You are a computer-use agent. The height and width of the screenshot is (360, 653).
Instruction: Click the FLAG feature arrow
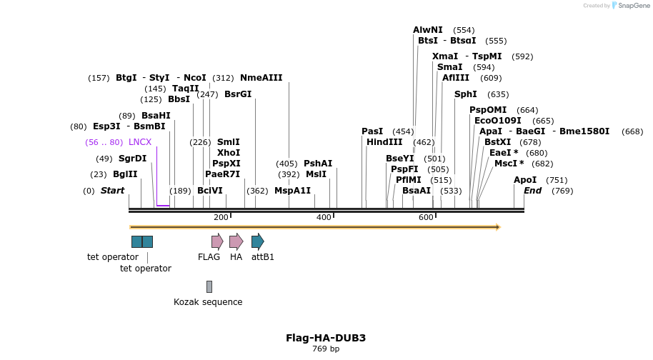(217, 241)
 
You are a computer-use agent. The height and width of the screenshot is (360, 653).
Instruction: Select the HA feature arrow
(236, 241)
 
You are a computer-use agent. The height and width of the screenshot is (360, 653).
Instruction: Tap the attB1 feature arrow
(257, 241)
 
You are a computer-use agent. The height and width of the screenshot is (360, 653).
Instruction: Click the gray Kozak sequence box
(209, 286)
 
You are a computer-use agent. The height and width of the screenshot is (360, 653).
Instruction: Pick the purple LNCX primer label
(140, 142)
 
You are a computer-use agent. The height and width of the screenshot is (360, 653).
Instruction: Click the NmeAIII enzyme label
(261, 78)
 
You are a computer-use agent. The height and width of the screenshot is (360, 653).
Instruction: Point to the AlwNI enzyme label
(428, 30)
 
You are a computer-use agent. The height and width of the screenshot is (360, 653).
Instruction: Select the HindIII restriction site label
(384, 142)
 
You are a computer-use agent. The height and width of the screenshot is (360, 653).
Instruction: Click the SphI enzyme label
(466, 94)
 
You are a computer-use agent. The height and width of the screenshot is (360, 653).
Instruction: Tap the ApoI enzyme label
(525, 180)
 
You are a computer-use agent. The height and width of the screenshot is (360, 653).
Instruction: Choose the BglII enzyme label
(125, 174)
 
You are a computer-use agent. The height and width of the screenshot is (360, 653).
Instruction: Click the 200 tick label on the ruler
(221, 217)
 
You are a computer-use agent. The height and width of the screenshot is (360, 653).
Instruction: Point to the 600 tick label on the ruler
(426, 217)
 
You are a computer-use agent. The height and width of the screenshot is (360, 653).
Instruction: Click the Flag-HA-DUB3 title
(326, 338)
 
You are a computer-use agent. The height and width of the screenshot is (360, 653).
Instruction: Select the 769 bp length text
(326, 349)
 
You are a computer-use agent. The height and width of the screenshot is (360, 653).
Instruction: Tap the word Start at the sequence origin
(112, 191)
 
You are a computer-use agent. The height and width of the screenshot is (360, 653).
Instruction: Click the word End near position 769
(532, 191)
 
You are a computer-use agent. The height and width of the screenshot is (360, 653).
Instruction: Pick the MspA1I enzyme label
(293, 191)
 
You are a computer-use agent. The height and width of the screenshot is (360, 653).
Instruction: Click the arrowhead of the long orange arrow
(497, 227)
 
